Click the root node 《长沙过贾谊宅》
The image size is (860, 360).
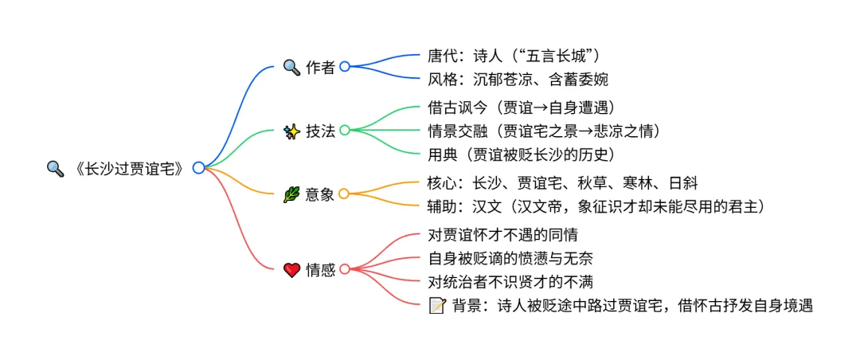(127, 168)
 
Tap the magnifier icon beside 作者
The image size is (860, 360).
(291, 67)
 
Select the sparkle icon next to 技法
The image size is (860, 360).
(291, 131)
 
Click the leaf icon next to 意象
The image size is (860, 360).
(291, 194)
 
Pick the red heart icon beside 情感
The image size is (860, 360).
(291, 270)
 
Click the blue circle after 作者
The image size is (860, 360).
(345, 67)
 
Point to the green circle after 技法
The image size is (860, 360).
(345, 130)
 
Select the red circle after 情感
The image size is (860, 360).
(345, 269)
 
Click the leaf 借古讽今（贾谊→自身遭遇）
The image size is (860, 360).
(521, 108)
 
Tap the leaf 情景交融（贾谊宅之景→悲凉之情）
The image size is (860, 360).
(543, 130)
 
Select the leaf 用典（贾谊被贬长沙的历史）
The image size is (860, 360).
(520, 153)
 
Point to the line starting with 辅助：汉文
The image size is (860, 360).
(596, 205)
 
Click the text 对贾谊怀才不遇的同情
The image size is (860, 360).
(502, 235)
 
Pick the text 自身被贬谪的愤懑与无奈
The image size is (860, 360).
(510, 258)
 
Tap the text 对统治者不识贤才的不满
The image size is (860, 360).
(510, 281)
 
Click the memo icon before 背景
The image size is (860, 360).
(436, 305)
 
